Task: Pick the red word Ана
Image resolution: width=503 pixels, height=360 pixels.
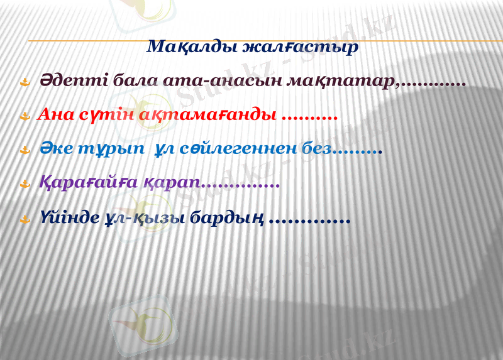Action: click(55, 116)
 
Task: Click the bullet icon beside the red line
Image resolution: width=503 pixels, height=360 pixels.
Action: click(25, 116)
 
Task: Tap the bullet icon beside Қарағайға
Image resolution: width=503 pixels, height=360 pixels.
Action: click(25, 184)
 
